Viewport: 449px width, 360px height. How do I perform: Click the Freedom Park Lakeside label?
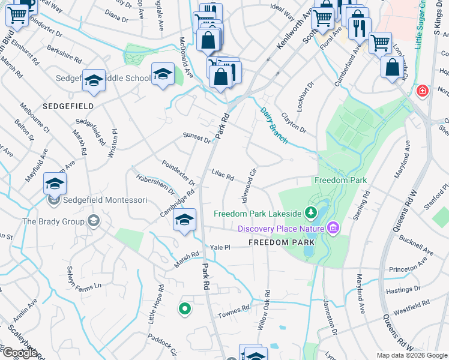click(x=258, y=214)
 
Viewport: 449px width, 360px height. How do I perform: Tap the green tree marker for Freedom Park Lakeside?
click(x=310, y=213)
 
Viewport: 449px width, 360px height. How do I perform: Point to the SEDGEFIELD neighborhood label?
click(x=68, y=106)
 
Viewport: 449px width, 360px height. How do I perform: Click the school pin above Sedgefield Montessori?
click(x=55, y=185)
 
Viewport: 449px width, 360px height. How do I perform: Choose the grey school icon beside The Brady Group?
click(x=94, y=221)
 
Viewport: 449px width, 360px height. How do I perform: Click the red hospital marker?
click(x=423, y=92)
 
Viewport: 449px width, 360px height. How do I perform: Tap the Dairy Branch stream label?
click(x=274, y=125)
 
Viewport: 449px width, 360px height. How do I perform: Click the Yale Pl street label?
click(x=220, y=247)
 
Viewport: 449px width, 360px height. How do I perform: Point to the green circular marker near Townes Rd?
click(x=185, y=309)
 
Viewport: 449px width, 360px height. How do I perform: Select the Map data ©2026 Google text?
click(x=412, y=355)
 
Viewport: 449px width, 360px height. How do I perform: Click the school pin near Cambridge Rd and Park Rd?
click(x=185, y=220)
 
